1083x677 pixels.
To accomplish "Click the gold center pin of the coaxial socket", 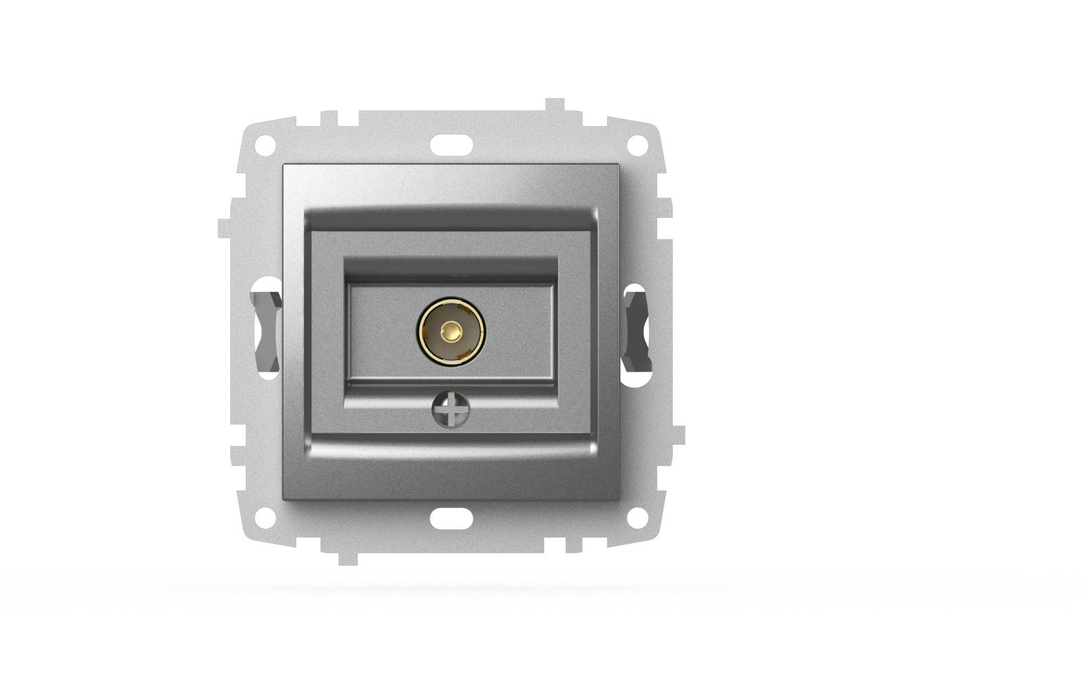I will [x=451, y=332].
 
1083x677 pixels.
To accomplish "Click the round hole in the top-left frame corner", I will [x=266, y=144].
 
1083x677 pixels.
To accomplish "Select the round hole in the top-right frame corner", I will [x=636, y=144].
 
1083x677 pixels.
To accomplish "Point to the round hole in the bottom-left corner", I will [x=266, y=517].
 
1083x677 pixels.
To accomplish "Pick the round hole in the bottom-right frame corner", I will [x=636, y=517].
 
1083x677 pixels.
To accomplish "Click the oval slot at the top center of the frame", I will [x=451, y=144].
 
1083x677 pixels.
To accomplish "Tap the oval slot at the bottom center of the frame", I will [x=451, y=517].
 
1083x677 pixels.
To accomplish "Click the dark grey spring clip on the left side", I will [x=266, y=331].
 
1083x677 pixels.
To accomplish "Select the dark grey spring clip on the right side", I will [x=636, y=331].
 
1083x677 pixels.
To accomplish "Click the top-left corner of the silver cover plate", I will [x=284, y=166].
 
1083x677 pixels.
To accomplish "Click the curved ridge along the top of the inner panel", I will [x=451, y=217].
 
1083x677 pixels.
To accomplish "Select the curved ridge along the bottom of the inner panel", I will [x=451, y=447].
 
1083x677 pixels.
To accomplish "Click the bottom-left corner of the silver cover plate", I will [x=284, y=498].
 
